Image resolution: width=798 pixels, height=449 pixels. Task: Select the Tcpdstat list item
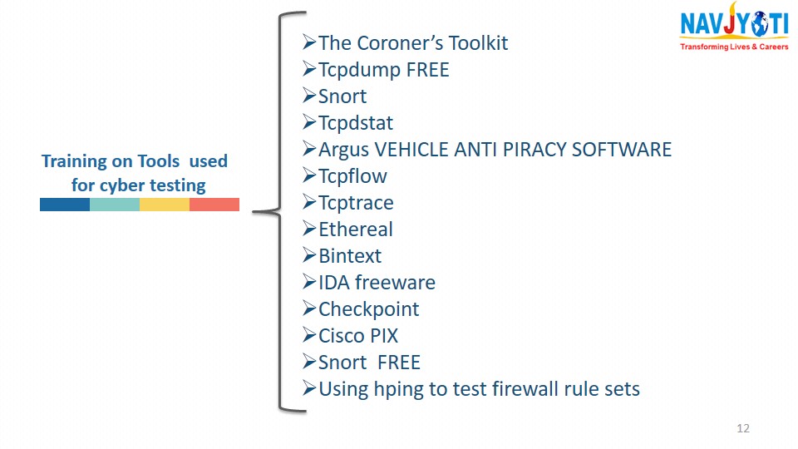click(355, 123)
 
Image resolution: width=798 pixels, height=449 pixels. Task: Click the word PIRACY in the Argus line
click(534, 150)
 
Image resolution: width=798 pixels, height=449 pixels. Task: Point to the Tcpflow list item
click(352, 176)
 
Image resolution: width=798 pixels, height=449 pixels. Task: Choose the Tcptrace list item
click(356, 203)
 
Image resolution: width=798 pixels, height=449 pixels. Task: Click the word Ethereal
click(356, 229)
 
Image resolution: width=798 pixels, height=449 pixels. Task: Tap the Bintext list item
click(350, 255)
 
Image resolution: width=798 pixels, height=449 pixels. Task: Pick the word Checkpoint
click(369, 309)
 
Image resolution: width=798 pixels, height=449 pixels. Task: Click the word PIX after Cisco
click(384, 335)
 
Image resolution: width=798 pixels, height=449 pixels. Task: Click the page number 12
click(743, 428)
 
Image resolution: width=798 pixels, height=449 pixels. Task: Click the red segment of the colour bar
click(214, 205)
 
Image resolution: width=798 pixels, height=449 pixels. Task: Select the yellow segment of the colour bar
click(165, 205)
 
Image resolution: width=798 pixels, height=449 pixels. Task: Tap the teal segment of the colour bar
click(115, 205)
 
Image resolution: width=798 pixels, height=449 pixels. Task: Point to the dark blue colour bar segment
click(65, 205)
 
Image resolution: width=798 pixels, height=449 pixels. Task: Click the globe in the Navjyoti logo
click(759, 24)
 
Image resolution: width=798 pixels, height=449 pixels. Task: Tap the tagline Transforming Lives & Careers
click(734, 47)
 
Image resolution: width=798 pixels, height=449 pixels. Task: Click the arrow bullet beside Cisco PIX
click(309, 335)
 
